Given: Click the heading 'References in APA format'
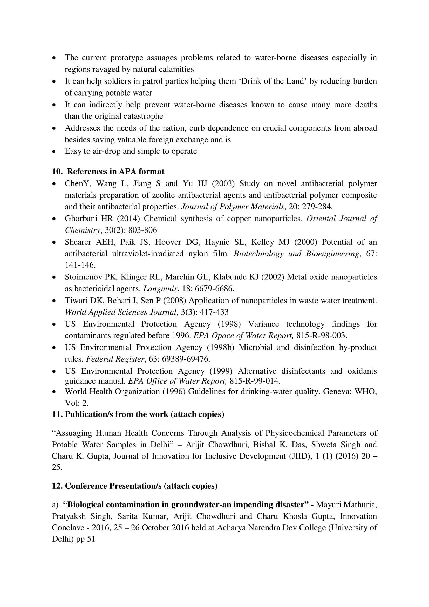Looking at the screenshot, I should tap(115, 172).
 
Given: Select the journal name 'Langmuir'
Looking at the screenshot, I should tap(160, 288).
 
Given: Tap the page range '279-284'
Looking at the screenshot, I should tap(317, 207).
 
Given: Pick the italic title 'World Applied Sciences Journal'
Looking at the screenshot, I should tap(120, 312).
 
